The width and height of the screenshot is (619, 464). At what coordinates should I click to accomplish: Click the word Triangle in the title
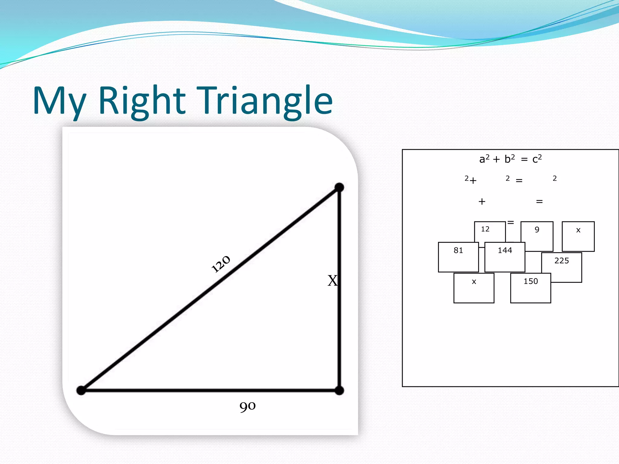tap(265, 101)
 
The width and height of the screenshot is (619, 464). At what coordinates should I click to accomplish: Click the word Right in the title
tap(142, 101)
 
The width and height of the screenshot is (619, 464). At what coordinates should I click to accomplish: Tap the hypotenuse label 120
tap(221, 264)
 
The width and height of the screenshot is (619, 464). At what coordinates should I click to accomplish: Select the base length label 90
tap(248, 406)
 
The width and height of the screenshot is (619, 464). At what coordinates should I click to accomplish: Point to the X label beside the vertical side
tap(332, 281)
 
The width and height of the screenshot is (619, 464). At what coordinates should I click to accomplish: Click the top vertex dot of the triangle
tap(339, 187)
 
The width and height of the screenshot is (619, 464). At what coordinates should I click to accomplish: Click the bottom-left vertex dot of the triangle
tap(81, 390)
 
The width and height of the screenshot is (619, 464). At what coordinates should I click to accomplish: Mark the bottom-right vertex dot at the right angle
tap(339, 391)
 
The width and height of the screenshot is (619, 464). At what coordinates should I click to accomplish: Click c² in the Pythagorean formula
tap(537, 159)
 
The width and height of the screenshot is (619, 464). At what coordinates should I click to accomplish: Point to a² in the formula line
tap(484, 159)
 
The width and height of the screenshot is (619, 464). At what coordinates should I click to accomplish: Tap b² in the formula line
tap(510, 159)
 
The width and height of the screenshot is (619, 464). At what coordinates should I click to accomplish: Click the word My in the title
tap(59, 101)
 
